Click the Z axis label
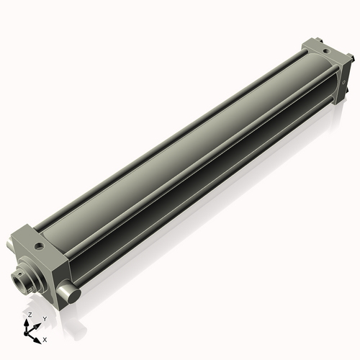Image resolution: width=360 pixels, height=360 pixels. pos(29,315)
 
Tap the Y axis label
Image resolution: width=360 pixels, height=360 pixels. pos(45,318)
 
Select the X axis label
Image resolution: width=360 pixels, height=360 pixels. pos(45,338)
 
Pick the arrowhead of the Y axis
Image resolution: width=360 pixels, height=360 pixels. pos(38,323)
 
